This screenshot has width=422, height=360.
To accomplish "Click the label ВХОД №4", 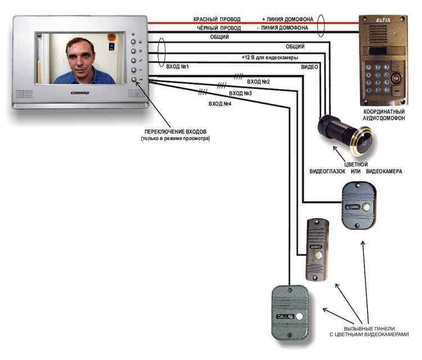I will pos(221,104).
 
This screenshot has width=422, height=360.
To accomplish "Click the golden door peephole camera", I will pos(344,134).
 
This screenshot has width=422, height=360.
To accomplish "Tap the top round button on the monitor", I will pos(134,42).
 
